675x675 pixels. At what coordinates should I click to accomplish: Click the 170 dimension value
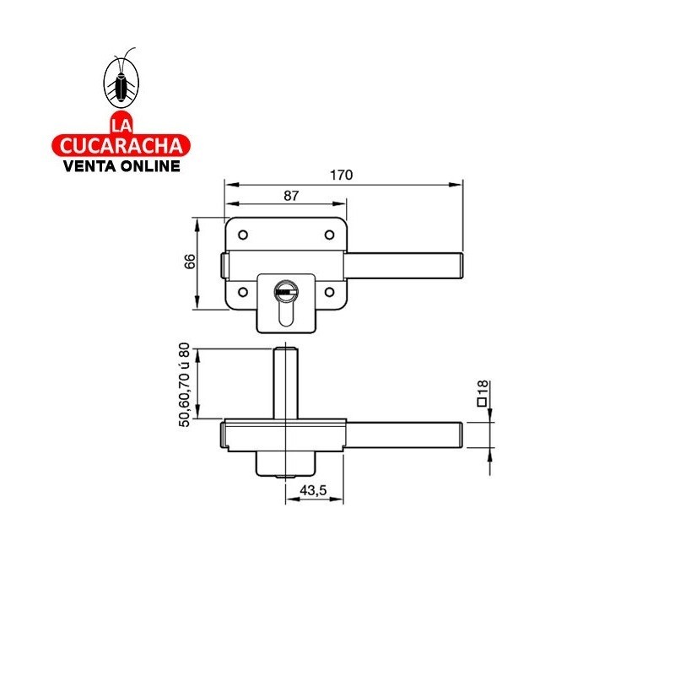341,175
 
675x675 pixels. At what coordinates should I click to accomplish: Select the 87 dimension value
290,196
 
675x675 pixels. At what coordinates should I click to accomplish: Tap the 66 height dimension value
190,262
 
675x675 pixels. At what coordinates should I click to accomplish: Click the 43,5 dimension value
315,491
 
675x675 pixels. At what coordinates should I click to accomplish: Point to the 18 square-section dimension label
483,388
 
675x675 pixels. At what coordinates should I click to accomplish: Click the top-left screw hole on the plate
242,235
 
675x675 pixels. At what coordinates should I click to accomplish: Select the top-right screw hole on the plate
330,235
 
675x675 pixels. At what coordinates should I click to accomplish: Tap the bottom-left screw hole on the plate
242,293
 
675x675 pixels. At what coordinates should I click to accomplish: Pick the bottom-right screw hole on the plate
330,293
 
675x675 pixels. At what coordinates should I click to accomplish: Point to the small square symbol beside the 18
483,402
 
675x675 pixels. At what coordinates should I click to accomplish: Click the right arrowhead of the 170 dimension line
459,183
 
